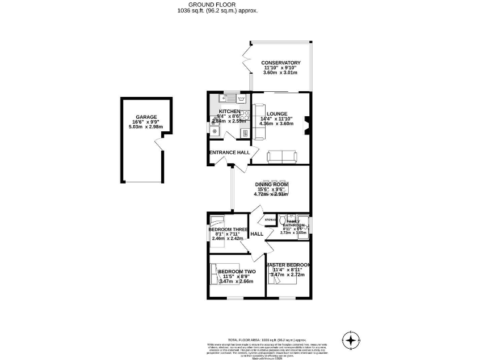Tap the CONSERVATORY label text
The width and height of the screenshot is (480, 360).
pyautogui.click(x=281, y=62)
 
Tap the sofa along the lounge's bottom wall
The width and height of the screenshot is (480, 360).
pyautogui.click(x=282, y=157)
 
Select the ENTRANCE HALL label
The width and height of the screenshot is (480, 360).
pyautogui.click(x=229, y=152)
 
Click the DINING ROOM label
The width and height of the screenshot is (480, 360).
pyautogui.click(x=271, y=184)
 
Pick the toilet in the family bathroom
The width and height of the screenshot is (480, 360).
pyautogui.click(x=282, y=221)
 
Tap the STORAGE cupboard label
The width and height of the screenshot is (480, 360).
pyautogui.click(x=270, y=219)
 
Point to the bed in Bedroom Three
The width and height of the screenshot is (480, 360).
pyautogui.click(x=217, y=222)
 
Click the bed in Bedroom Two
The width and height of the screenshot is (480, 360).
pyautogui.click(x=216, y=276)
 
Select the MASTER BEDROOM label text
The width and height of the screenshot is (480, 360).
pyautogui.click(x=288, y=265)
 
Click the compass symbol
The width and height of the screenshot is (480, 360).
pyautogui.click(x=352, y=341)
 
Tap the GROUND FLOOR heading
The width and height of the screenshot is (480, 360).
pyautogui.click(x=217, y=4)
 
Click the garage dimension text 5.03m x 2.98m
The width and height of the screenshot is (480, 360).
pyautogui.click(x=146, y=127)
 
